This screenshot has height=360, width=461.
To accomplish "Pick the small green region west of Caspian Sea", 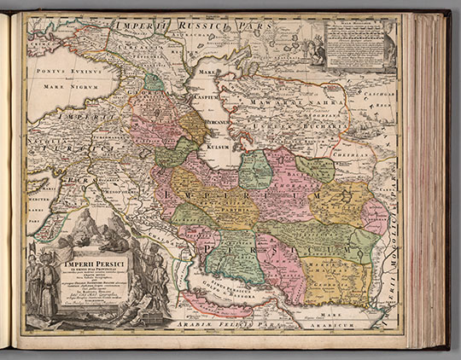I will [154, 82].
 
